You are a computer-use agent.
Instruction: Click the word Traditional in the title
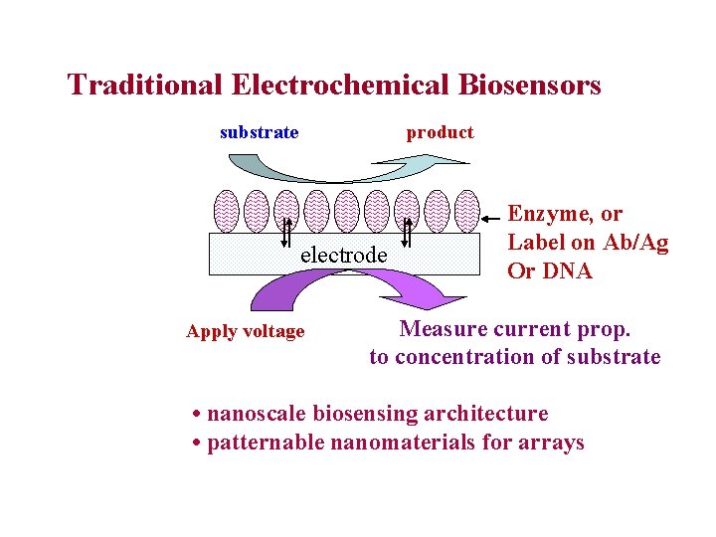[145, 85]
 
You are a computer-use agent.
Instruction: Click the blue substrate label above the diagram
[259, 132]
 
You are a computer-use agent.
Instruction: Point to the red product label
[440, 132]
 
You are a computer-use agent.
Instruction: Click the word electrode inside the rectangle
[344, 255]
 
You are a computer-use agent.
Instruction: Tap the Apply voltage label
[245, 331]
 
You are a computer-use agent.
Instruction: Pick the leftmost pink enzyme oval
[227, 211]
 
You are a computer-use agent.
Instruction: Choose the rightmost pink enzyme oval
[465, 211]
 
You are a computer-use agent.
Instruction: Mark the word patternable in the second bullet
[266, 442]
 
